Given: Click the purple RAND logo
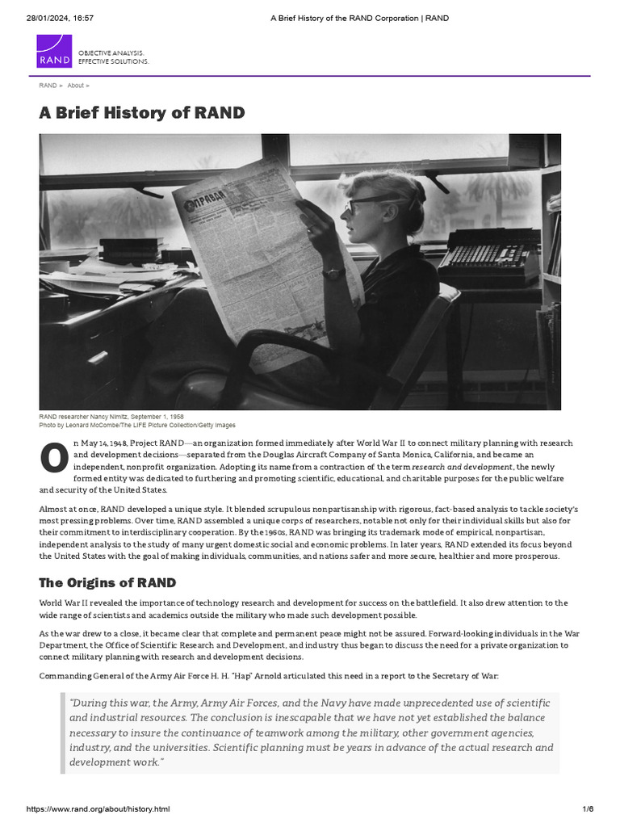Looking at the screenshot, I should click(54, 52).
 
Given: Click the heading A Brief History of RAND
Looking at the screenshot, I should click(141, 112).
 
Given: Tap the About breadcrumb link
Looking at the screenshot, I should click(75, 86).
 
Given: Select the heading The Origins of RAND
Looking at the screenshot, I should click(107, 582).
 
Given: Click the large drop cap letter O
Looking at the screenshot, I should click(53, 457).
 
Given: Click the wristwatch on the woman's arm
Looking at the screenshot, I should click(333, 273).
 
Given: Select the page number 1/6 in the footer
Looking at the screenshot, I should click(587, 809).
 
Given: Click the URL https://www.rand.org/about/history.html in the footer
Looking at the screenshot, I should click(98, 809).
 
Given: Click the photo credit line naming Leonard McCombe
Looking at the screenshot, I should click(137, 425).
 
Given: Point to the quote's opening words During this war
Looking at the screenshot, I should click(103, 703).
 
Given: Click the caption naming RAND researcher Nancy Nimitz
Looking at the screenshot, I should click(111, 417).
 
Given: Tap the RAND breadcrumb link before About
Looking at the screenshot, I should click(48, 86).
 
